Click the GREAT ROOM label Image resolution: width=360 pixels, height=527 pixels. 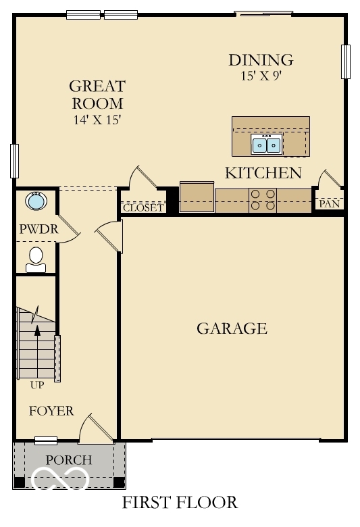coord(97,95)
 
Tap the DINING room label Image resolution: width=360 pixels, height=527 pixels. coord(261,59)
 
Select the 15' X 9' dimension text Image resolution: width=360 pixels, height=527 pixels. coord(261,76)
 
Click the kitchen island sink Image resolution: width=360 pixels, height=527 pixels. coord(266,144)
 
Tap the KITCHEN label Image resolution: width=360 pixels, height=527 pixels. coord(263,173)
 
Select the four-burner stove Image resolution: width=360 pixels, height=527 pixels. coord(263,201)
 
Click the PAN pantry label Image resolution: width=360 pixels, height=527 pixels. coord(330,203)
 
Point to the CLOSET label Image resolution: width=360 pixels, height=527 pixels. coord(143,208)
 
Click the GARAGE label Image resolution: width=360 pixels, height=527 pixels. coord(232,329)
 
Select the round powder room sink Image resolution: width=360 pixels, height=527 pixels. coord(35,201)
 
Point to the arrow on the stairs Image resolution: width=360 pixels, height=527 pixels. coord(37,330)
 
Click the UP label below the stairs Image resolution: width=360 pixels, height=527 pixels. coord(37,386)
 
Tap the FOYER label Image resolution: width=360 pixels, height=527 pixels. coord(51,411)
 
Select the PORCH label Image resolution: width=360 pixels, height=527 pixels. coord(68,460)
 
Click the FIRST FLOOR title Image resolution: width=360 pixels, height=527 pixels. coord(180,503)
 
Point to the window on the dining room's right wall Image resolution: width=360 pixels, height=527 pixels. coord(346,61)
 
